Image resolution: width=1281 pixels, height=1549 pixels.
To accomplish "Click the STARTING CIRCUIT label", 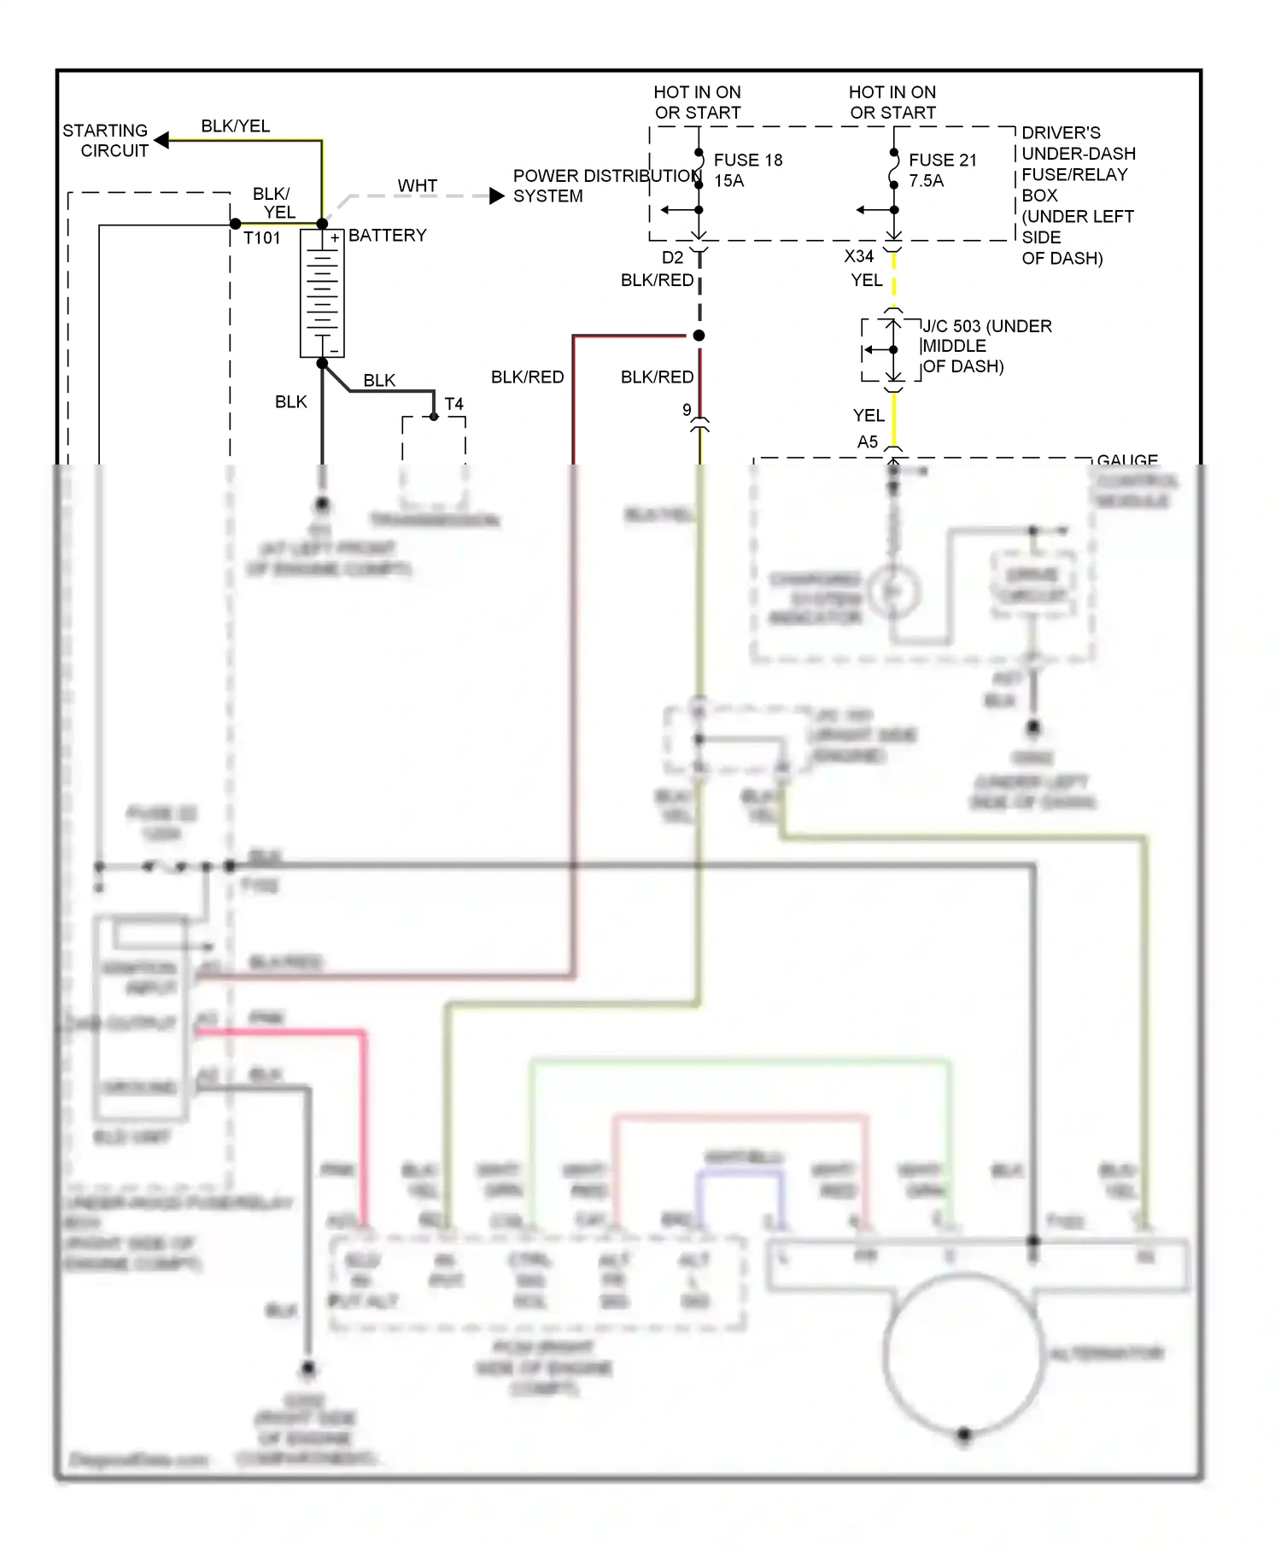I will (105, 141).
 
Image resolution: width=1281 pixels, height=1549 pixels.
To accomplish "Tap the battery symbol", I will (322, 292).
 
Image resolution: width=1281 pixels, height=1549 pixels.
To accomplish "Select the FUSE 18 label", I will (747, 161).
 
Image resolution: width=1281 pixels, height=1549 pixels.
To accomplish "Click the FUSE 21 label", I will (942, 161).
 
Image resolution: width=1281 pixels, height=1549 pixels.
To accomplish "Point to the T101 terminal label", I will (261, 238).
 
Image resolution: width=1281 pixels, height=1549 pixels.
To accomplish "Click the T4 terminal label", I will (453, 404).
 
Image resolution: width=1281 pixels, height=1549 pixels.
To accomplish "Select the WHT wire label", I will (417, 185).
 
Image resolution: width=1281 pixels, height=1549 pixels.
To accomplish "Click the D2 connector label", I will (672, 257).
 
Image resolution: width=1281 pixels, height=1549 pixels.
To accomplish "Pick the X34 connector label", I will (858, 256).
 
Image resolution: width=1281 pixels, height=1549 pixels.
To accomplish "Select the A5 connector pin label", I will (867, 441).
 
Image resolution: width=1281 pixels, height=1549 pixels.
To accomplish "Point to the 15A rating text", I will (728, 181).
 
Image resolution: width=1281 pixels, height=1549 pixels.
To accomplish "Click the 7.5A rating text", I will (926, 181).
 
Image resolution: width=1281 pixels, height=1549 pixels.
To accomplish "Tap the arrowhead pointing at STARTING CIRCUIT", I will (161, 140).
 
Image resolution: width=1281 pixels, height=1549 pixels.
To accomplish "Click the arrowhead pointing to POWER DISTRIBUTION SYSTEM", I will (497, 196).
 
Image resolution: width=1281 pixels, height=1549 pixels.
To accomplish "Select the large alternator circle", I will (964, 1353).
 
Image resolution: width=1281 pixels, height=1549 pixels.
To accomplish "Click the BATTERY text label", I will (387, 236).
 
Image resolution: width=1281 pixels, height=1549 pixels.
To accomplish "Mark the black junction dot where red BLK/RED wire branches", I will (699, 336).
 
